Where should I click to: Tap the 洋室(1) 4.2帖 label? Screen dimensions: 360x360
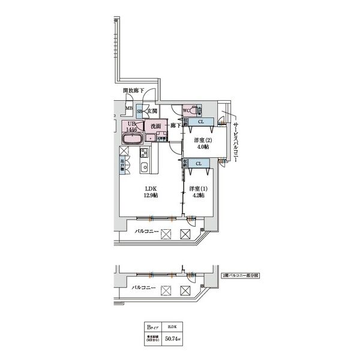tap(197, 191)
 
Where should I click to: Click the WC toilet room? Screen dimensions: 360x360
tap(187, 110)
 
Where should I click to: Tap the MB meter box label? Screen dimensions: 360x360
tap(129, 109)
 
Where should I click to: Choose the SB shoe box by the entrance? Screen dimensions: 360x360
tap(140, 111)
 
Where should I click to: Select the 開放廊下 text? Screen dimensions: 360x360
tap(133, 91)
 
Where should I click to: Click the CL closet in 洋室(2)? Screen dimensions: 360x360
tap(200, 122)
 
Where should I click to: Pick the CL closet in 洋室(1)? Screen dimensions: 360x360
tap(197, 163)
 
